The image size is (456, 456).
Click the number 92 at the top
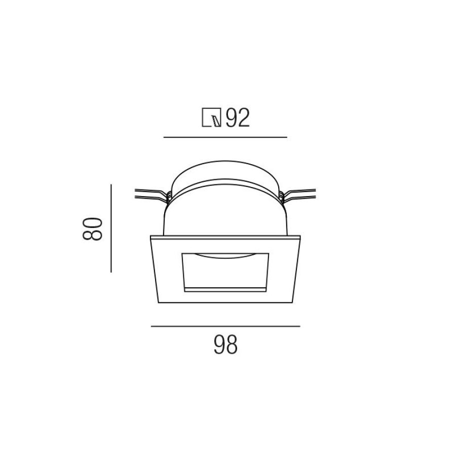238,118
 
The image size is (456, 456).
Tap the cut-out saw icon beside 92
211,118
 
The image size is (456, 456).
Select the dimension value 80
93,229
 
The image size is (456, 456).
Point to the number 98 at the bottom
225,345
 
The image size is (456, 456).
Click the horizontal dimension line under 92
225,137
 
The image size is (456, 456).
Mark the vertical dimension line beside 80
111,229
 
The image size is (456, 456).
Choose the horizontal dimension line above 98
225,326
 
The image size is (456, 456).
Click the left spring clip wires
153,194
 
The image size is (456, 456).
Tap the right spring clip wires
297,194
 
